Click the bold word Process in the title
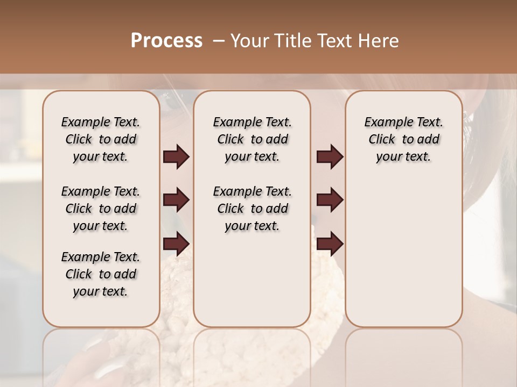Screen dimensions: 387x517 (x=166, y=41)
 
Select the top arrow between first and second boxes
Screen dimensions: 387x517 (x=176, y=157)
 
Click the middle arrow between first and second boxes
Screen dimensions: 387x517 (x=176, y=200)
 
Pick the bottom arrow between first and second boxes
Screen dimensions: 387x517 (x=176, y=244)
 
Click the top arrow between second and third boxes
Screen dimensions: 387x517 (x=330, y=157)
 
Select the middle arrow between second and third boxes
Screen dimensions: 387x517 (x=330, y=200)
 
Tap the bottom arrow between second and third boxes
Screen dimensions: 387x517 (x=330, y=244)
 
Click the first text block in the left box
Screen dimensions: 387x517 (x=101, y=139)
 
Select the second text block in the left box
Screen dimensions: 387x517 (x=101, y=209)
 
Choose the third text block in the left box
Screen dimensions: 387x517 (x=101, y=274)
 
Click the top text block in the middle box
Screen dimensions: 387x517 (x=252, y=139)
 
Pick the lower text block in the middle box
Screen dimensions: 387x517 (x=252, y=209)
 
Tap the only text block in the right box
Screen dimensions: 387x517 (x=403, y=139)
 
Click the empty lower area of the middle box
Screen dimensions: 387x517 (x=252, y=279)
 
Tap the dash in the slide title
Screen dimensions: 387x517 (x=218, y=41)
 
